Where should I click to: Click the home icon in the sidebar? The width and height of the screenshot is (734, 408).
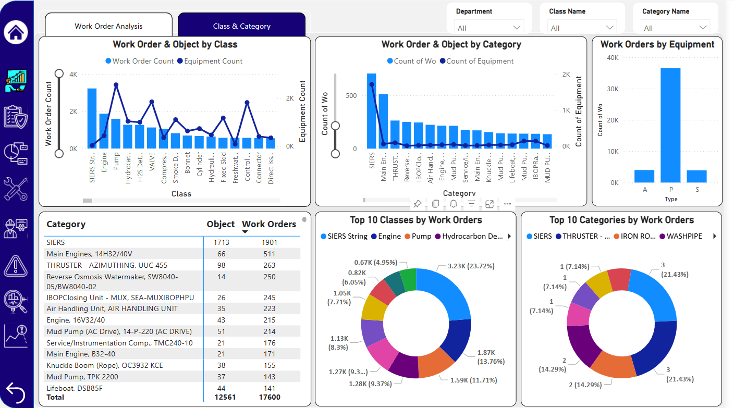[x=16, y=32]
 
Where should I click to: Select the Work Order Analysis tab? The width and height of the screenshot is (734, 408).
[x=108, y=26]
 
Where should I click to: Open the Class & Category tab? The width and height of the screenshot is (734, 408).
[x=241, y=26]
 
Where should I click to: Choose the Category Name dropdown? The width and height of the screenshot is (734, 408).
[x=676, y=28]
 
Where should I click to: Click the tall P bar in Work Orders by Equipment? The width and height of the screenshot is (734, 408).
[x=670, y=125]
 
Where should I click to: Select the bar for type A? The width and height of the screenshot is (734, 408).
[x=644, y=176]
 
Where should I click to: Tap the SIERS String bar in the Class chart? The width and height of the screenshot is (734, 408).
[x=92, y=118]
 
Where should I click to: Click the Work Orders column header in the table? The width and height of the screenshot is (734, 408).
[x=269, y=225]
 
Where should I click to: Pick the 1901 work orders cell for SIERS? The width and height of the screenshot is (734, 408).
[x=269, y=242]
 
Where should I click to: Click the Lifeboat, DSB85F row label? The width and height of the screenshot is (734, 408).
[x=75, y=388]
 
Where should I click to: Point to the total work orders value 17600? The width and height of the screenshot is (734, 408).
[x=269, y=398]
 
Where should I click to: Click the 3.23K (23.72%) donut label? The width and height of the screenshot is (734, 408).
[x=471, y=266]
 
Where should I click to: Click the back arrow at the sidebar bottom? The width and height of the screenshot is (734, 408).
[x=16, y=392]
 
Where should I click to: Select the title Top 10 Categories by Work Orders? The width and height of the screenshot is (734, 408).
[x=621, y=220]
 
